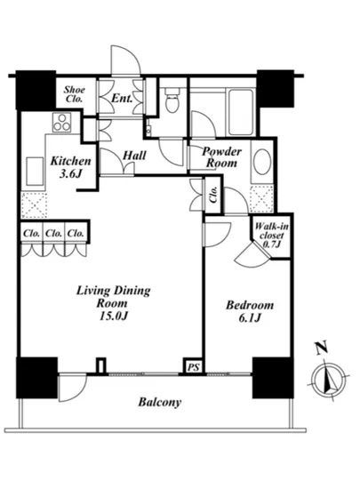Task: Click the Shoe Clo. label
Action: [x=75, y=94]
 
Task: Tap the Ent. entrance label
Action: [x=122, y=99]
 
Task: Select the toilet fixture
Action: [x=172, y=100]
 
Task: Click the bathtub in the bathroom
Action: [x=240, y=112]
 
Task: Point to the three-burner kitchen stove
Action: [x=61, y=122]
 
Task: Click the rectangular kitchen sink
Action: [x=35, y=172]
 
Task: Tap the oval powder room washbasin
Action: [x=262, y=162]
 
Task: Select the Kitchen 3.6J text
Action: [x=71, y=167]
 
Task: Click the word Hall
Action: [x=134, y=156]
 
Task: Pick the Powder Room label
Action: [x=222, y=157]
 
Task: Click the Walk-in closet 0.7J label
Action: [x=271, y=235]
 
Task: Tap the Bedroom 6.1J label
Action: [x=250, y=310]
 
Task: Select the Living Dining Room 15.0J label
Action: [x=114, y=303]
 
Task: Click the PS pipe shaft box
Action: [x=193, y=367]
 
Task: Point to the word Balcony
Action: [x=160, y=402]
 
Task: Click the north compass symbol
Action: [x=328, y=381]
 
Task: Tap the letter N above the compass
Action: [x=321, y=347]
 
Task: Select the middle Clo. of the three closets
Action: [x=53, y=233]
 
